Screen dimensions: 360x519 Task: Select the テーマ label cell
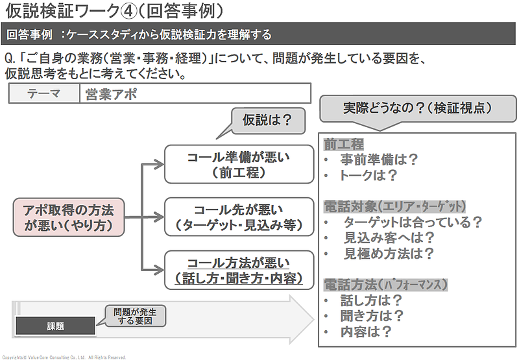(x=44, y=93)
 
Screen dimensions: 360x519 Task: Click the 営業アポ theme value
(x=111, y=93)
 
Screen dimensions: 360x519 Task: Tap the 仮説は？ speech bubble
(x=265, y=119)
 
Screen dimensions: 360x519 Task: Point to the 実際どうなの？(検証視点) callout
(x=416, y=108)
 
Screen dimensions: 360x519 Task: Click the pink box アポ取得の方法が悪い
(x=68, y=217)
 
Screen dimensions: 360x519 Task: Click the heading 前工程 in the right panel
(x=344, y=144)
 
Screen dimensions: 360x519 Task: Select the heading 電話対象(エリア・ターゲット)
(x=394, y=206)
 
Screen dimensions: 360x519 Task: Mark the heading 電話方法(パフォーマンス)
(x=385, y=284)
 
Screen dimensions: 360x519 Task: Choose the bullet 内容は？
(x=366, y=331)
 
